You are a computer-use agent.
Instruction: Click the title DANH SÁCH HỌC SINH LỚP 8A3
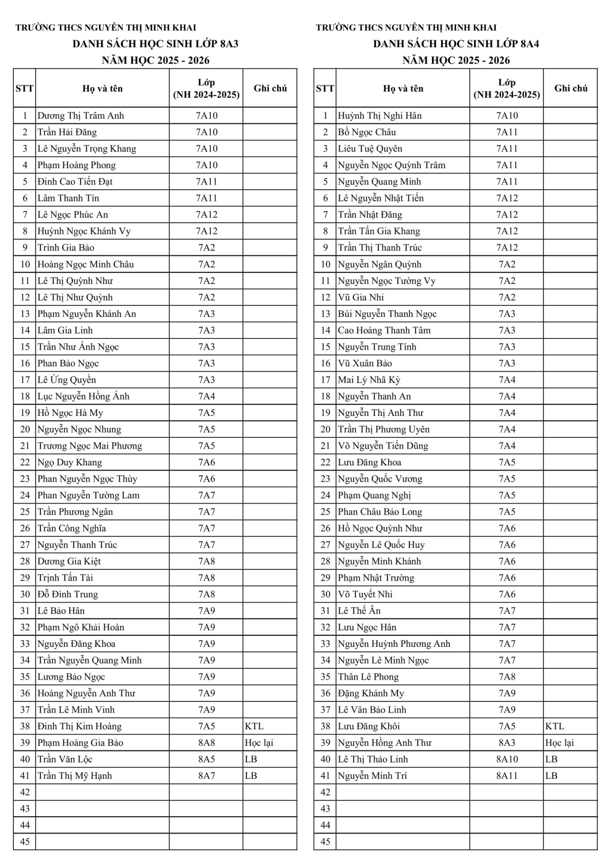coord(155,44)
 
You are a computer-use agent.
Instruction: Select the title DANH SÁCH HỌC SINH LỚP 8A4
coord(456,44)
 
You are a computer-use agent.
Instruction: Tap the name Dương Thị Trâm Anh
coord(81,116)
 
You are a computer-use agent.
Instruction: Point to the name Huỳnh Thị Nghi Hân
coord(379,116)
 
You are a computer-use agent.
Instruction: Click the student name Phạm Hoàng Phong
coord(77,165)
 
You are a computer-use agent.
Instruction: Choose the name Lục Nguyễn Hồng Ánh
coord(84,396)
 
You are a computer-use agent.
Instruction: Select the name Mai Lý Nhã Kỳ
coord(369,380)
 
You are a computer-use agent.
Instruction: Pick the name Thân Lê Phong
coord(368,677)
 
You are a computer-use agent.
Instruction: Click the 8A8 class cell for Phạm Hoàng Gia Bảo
coord(207,743)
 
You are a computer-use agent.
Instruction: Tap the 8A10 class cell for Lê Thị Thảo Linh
coord(507,759)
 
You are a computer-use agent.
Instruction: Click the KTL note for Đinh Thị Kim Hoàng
coord(254,726)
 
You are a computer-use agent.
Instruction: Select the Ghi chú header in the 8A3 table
coord(270,89)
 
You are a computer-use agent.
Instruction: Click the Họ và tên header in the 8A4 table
coord(403,89)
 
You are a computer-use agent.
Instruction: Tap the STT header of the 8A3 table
coord(25,89)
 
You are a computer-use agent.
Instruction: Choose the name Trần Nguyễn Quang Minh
coord(89,661)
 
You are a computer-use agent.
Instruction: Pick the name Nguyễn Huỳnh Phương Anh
coord(394,644)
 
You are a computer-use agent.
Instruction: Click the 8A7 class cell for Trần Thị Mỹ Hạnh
coord(207,776)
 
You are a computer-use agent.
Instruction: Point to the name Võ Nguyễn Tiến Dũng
coord(383,446)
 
